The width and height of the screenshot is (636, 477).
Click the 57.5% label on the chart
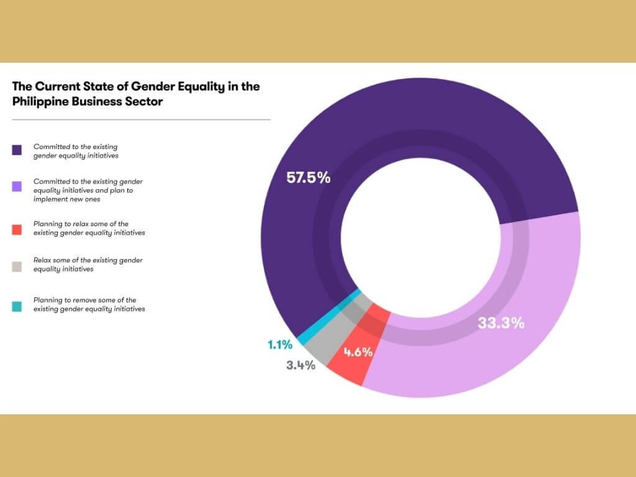tap(308, 177)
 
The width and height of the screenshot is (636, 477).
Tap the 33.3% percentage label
tap(501, 323)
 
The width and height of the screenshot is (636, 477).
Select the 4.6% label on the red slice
tap(358, 352)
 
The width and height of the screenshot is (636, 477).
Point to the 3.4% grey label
tap(301, 365)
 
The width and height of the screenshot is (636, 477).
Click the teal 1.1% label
tap(280, 344)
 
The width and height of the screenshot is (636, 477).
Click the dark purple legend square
tap(17, 150)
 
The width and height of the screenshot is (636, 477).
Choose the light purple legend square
tap(17, 186)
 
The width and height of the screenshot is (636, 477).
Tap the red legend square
tap(17, 229)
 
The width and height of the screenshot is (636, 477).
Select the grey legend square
tap(17, 266)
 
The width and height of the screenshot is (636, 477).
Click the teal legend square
tap(17, 306)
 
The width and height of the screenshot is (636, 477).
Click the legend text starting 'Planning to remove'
tap(89, 304)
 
